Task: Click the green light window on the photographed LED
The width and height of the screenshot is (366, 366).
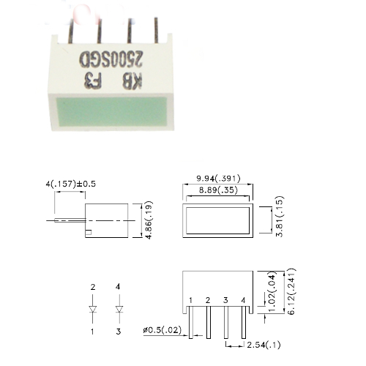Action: point(112,111)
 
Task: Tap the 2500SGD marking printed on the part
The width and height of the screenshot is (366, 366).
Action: point(111,59)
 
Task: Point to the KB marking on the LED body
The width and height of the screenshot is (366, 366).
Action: point(132,81)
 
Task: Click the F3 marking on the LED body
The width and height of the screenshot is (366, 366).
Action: point(92,81)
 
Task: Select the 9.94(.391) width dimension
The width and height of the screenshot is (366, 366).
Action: point(218,179)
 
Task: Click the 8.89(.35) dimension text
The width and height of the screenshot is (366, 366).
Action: point(218,190)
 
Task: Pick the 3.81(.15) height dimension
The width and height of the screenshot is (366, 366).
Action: point(280,216)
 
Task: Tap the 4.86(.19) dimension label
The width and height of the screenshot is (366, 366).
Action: point(149,220)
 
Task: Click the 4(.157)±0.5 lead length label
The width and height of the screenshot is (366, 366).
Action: point(71,184)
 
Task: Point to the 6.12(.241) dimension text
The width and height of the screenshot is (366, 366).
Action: point(291,291)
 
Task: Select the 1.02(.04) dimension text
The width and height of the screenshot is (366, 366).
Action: point(272,291)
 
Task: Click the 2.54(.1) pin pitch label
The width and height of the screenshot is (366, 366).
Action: point(264,345)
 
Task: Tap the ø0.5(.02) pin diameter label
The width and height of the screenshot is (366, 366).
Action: point(163,330)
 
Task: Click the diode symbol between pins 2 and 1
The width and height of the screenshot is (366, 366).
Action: point(93,309)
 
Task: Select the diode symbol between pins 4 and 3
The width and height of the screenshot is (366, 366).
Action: point(119,309)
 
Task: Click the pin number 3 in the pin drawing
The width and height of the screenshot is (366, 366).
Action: point(225,300)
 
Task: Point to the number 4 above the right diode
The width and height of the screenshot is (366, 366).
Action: point(118,287)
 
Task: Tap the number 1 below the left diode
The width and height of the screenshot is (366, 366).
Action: point(92,332)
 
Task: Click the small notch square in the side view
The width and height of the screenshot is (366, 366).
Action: point(89,232)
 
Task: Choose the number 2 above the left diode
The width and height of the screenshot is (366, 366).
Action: point(93,287)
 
